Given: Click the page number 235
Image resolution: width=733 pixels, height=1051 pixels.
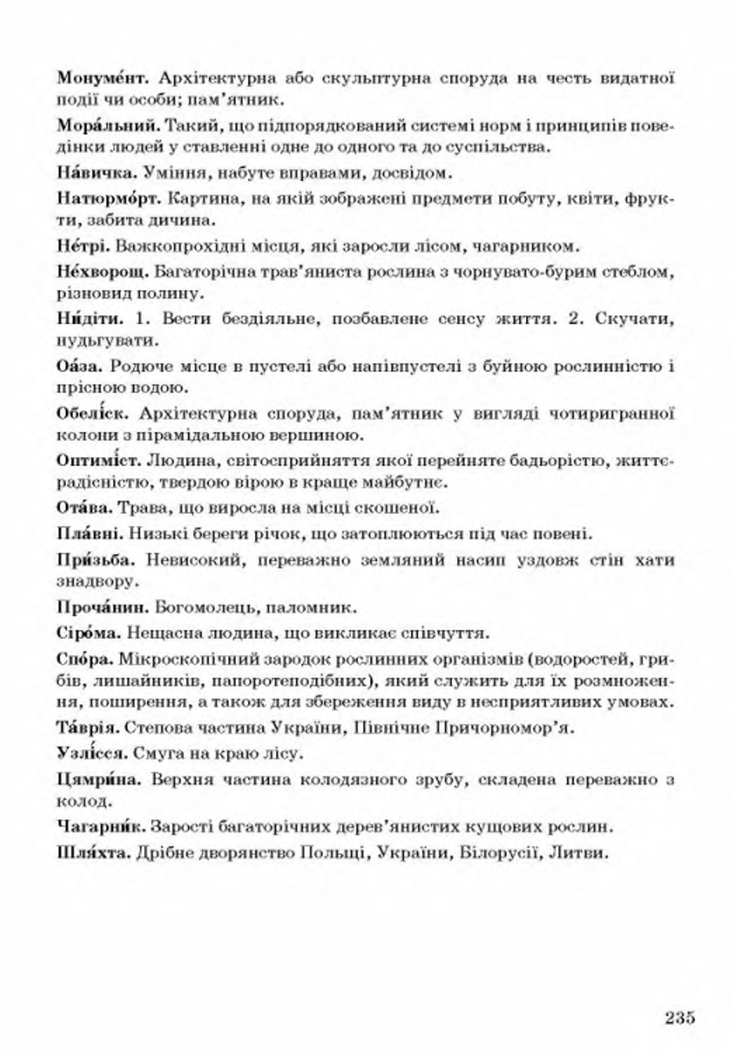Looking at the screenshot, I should click(x=679, y=1017).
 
